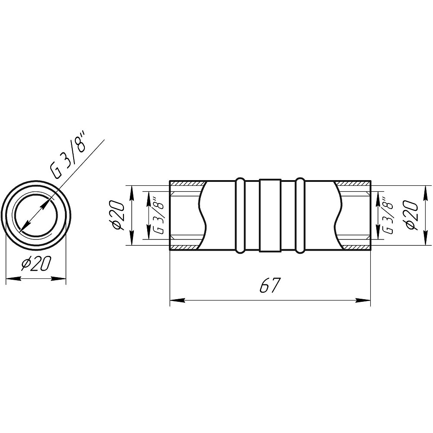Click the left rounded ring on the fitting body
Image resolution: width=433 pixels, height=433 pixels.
pyautogui.click(x=240, y=215)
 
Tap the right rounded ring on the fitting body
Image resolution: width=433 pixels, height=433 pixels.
pyautogui.click(x=300, y=215)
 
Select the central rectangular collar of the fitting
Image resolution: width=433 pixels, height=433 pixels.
pyautogui.click(x=270, y=215)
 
